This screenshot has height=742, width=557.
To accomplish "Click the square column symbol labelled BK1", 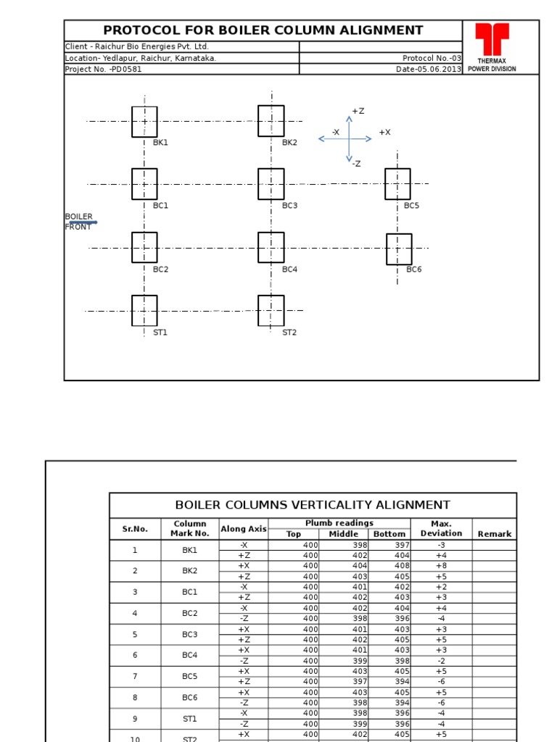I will (x=144, y=122).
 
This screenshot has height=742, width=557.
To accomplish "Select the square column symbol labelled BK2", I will (x=271, y=121).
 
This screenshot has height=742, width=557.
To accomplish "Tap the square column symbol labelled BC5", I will (x=397, y=184).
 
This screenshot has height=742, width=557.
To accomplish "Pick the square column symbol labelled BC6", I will (x=399, y=249).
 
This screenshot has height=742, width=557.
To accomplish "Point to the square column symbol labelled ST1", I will (x=144, y=311).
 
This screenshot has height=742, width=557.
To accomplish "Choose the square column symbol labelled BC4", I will (x=271, y=248).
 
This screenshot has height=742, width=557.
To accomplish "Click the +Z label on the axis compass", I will (x=358, y=111).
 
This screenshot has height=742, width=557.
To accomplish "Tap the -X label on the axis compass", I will (x=336, y=132).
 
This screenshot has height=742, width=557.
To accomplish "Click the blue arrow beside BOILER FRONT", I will (x=83, y=222).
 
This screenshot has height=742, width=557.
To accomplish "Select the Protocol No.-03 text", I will (x=432, y=58).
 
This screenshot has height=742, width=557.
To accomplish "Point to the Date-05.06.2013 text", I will (x=428, y=70).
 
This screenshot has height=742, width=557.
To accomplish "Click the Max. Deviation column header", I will (x=441, y=528).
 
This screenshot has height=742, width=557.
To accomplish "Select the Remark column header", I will (x=494, y=534).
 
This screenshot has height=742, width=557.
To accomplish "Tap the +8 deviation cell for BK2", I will (x=442, y=566).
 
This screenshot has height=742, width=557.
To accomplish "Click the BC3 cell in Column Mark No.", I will (x=190, y=634).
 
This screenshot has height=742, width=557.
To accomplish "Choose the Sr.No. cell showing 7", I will (x=134, y=676).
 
